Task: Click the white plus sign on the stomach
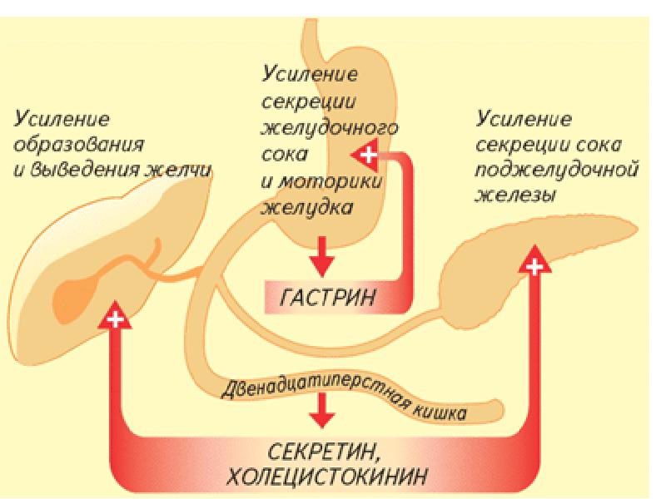[x=367, y=156]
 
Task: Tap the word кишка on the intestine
[x=442, y=410]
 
